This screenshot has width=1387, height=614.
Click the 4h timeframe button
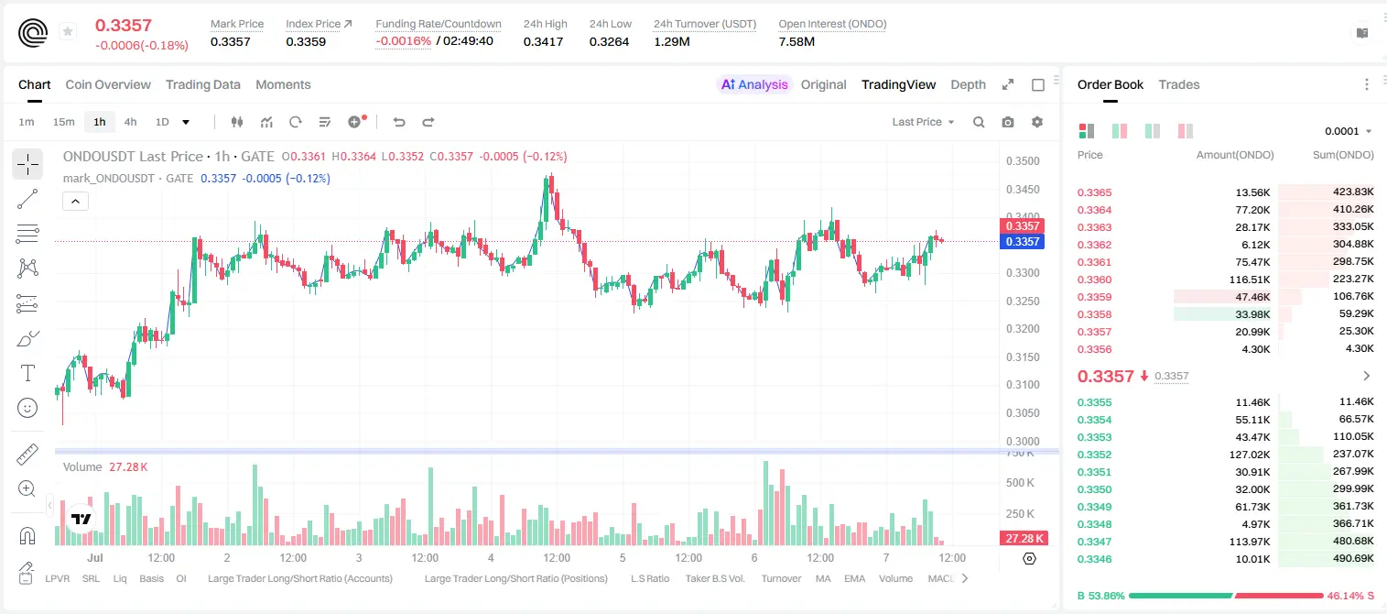pyautogui.click(x=130, y=122)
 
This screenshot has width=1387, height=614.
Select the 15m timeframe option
pyautogui.click(x=64, y=122)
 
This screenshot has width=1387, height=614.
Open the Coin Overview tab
pyautogui.click(x=108, y=84)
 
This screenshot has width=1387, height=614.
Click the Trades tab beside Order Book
pyautogui.click(x=1179, y=84)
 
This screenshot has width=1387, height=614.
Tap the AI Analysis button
pyautogui.click(x=754, y=84)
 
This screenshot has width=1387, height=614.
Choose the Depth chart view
pyautogui.click(x=968, y=84)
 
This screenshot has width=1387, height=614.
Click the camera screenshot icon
pyautogui.click(x=1008, y=122)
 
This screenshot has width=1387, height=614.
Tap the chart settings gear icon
pyautogui.click(x=1037, y=122)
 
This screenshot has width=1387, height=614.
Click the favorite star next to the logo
pyautogui.click(x=68, y=31)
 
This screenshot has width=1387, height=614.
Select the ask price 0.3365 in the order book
pyautogui.click(x=1094, y=192)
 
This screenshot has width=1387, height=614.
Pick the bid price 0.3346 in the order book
pyautogui.click(x=1094, y=559)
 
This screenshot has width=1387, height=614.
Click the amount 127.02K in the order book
pyautogui.click(x=1250, y=455)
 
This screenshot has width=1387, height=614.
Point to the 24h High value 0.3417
pyautogui.click(x=543, y=41)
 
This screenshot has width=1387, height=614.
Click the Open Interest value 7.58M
pyautogui.click(x=796, y=41)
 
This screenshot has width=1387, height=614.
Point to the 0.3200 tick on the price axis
pyautogui.click(x=1023, y=328)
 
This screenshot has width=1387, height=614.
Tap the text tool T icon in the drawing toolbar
pyautogui.click(x=27, y=373)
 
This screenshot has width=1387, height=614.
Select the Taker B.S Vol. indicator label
pyautogui.click(x=714, y=578)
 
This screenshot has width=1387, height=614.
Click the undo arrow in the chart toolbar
pyautogui.click(x=399, y=122)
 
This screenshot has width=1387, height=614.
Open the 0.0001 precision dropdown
pyautogui.click(x=1349, y=131)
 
